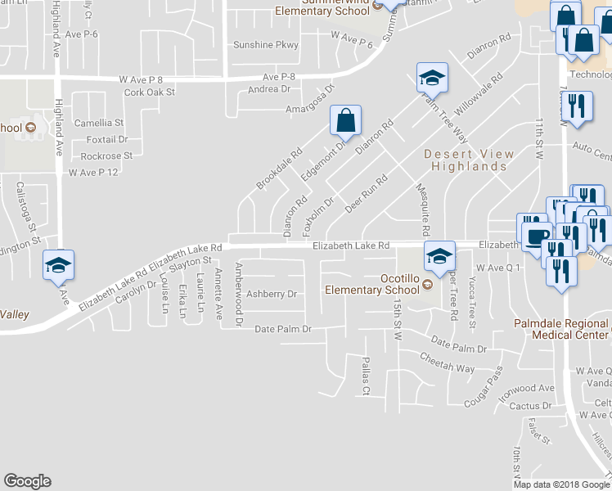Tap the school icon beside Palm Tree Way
click(432, 79)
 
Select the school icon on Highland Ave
click(59, 265)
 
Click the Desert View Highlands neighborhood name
click(469, 160)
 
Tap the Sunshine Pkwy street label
click(266, 45)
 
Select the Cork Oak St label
click(150, 92)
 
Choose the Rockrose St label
click(106, 155)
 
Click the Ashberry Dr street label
click(271, 294)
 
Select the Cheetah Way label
click(447, 363)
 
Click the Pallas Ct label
click(367, 376)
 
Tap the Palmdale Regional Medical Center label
click(561, 329)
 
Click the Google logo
click(27, 481)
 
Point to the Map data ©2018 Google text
click(560, 484)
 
